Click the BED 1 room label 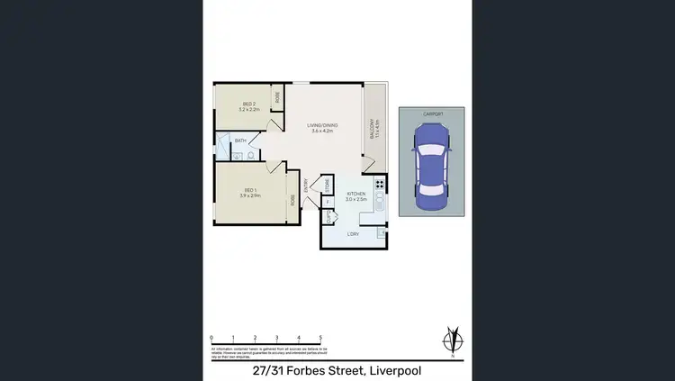251,192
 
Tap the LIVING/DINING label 322,128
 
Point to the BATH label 240,141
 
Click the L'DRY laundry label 353,233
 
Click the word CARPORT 432,114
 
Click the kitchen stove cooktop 380,186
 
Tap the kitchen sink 380,205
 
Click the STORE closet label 326,186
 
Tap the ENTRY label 306,183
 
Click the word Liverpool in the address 392,370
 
